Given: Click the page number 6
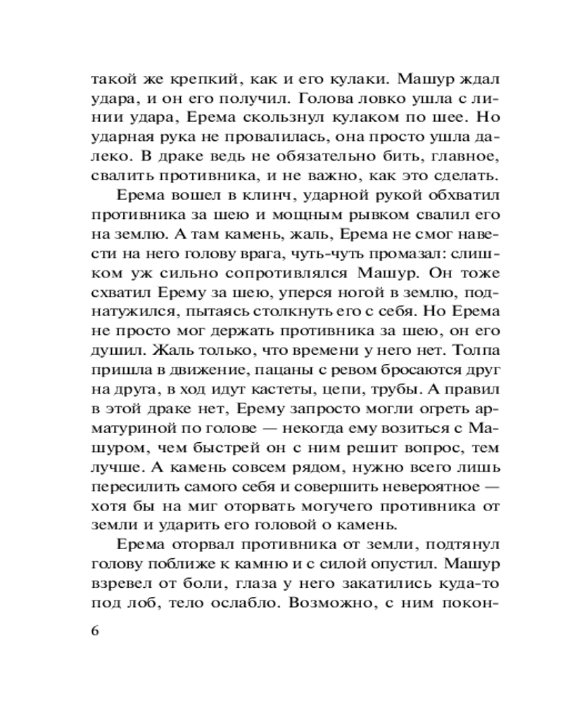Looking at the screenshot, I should pos(96,629).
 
